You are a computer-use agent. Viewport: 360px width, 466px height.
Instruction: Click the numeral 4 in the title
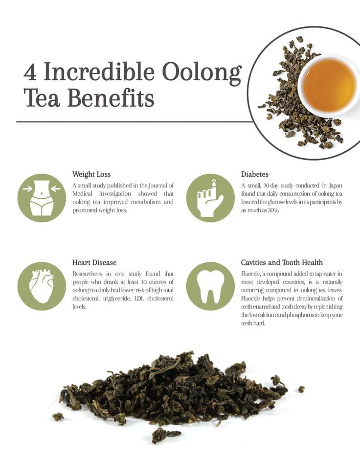pyautogui.click(x=30, y=72)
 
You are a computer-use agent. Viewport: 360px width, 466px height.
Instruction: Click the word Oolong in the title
pyautogui.click(x=202, y=73)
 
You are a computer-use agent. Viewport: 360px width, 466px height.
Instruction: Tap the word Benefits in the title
pyautogui.click(x=111, y=97)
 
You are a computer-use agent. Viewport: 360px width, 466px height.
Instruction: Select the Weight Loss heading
pyautogui.click(x=91, y=174)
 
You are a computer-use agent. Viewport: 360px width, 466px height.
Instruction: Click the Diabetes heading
pyautogui.click(x=254, y=174)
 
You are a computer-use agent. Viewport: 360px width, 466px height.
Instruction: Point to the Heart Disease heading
pyautogui.click(x=94, y=262)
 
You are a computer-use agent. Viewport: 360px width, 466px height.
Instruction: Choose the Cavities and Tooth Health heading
pyautogui.click(x=282, y=262)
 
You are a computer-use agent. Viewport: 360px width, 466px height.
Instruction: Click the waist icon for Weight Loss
pyautogui.click(x=42, y=198)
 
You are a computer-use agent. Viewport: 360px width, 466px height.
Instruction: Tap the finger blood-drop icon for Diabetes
pyautogui.click(x=210, y=198)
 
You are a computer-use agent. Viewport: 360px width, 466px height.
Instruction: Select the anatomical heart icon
pyautogui.click(x=42, y=286)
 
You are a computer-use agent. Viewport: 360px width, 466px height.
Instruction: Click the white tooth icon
pyautogui.click(x=210, y=286)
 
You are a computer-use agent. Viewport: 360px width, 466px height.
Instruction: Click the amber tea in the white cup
pyautogui.click(x=329, y=85)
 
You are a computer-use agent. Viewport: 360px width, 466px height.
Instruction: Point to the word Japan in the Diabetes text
pyautogui.click(x=336, y=186)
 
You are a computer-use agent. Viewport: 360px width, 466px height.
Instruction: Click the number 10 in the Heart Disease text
pyautogui.click(x=145, y=282)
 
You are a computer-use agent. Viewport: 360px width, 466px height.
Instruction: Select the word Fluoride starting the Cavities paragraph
pyautogui.click(x=250, y=274)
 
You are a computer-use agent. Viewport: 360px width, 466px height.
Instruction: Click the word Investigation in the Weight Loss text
pyautogui.click(x=115, y=194)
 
